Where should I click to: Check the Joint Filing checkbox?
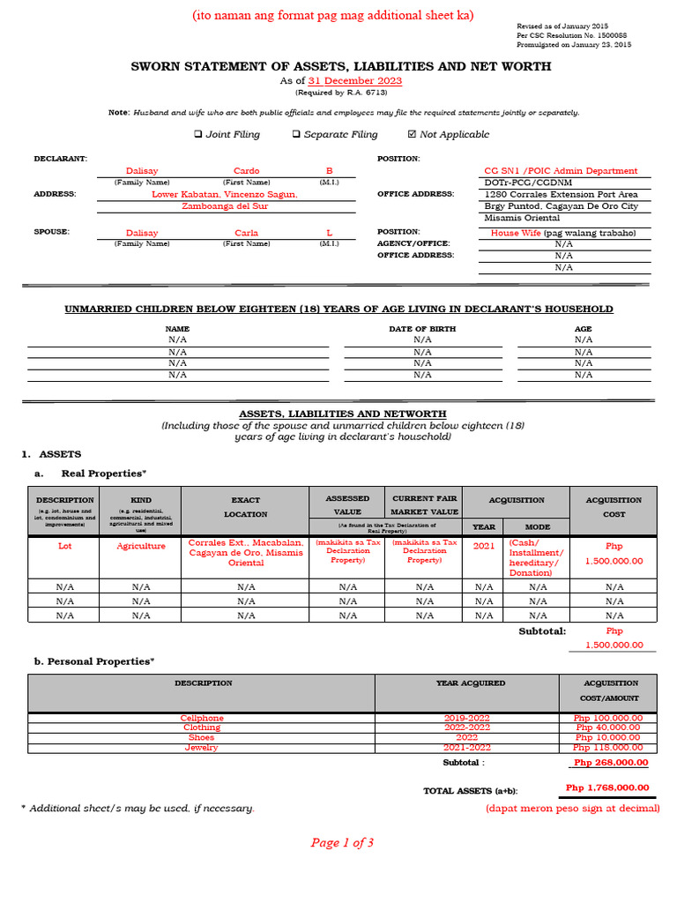197,135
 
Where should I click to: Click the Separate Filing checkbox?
296,135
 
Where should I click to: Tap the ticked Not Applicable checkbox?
412,135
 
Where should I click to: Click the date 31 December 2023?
355,80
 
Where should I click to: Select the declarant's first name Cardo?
246,171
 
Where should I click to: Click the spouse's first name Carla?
246,233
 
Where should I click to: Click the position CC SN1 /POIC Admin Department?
561,171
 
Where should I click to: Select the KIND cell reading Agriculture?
141,546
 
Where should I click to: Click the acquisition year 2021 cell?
484,546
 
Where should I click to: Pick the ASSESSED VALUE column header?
347,504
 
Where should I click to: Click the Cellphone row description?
202,718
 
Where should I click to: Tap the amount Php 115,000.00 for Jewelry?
608,748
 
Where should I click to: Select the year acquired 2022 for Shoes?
466,737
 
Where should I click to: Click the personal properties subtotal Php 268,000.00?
610,763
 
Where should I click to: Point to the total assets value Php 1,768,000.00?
606,788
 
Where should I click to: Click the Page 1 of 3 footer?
342,843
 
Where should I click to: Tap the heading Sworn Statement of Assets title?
341,66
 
